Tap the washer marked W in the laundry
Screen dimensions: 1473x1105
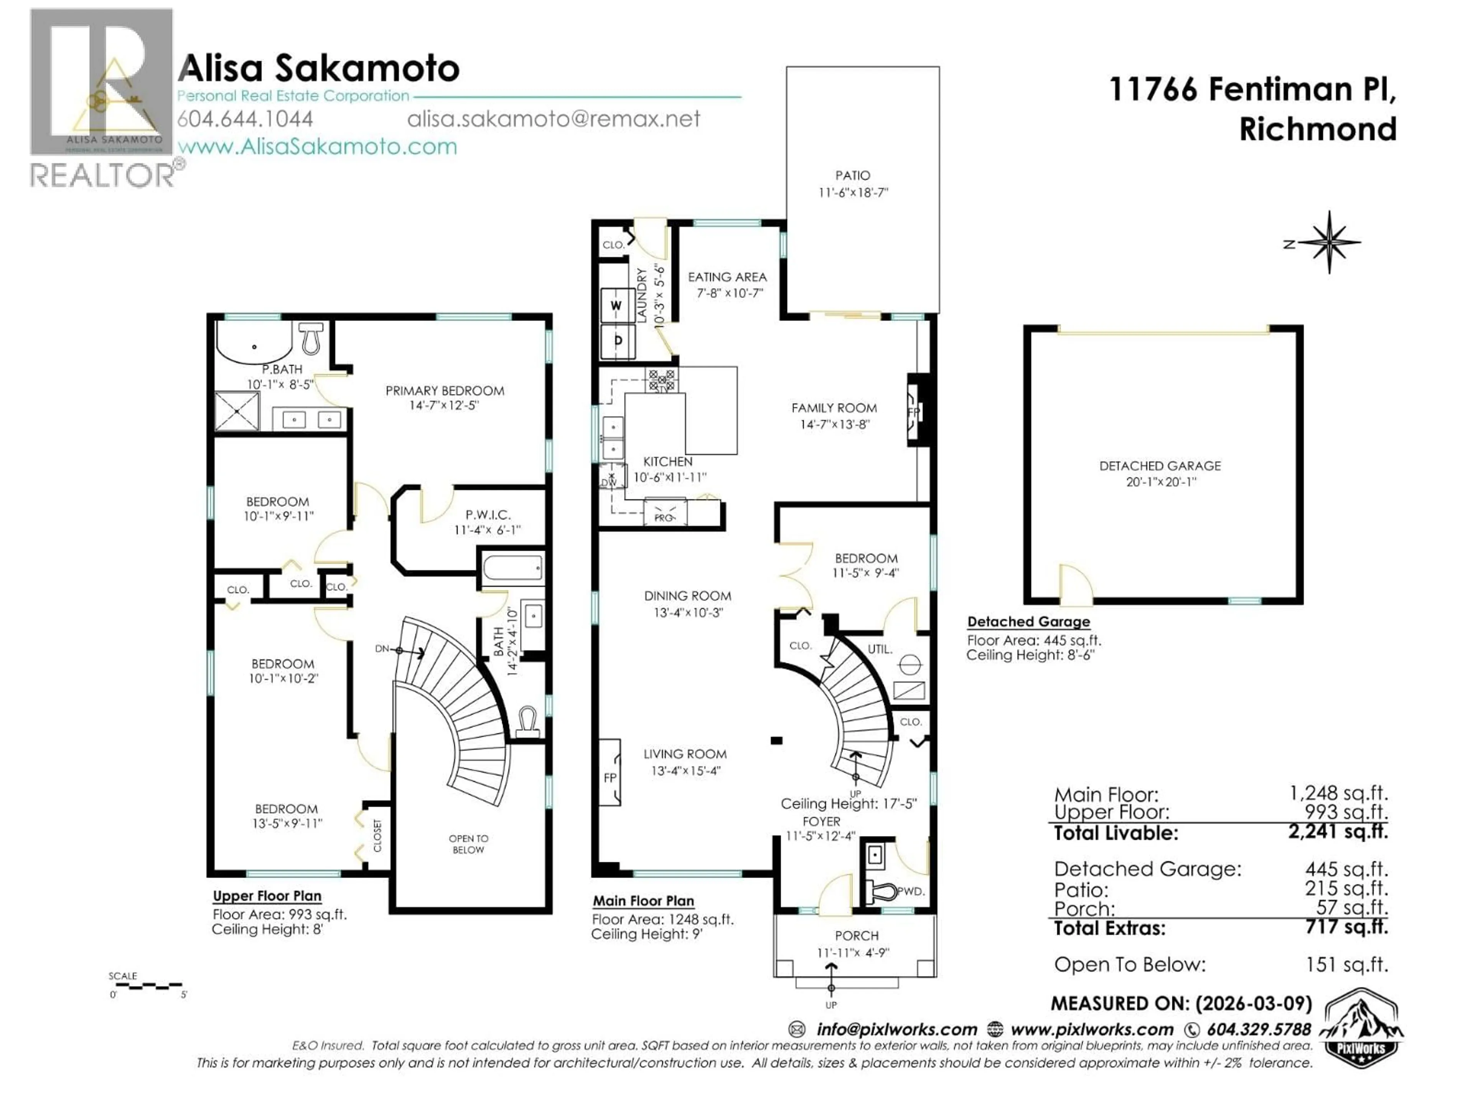617,306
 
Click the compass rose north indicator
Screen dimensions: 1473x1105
1328,242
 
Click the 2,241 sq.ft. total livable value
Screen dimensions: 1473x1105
1338,831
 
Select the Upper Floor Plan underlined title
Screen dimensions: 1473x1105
267,896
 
